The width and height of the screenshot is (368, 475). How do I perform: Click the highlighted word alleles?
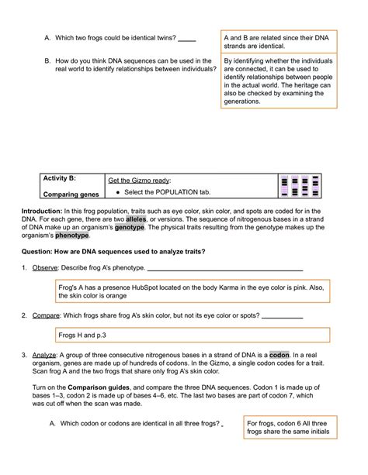[136, 219]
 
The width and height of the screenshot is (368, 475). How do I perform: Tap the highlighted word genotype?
[130, 227]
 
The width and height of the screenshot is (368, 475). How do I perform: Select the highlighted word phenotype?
[72, 236]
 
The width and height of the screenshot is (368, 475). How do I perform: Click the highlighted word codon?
[279, 355]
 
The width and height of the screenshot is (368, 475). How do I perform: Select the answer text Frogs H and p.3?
[82, 335]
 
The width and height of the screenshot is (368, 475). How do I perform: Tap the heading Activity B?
[60, 178]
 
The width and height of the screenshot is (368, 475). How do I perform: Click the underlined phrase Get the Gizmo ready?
[139, 181]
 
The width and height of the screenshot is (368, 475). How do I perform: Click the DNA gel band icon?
[300, 186]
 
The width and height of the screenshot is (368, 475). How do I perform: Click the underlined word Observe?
[45, 268]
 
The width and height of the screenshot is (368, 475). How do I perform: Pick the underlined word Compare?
[46, 315]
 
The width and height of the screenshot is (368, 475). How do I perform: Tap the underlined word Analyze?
[44, 355]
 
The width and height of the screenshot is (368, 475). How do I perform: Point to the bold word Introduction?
[42, 211]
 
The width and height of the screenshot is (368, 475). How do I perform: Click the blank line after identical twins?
[187, 40]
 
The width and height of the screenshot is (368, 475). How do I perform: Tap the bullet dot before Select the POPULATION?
[118, 192]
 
